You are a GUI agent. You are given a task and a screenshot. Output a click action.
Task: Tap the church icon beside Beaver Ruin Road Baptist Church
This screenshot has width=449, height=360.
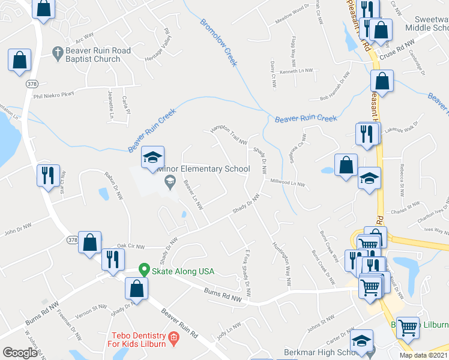tap(58, 51)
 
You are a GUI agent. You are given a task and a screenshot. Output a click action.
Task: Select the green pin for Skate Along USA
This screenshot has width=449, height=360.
tap(143, 271)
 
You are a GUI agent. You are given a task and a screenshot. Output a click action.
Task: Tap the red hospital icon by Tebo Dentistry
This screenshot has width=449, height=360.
tap(173, 338)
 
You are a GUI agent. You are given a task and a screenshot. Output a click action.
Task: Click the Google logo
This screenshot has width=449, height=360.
tap(19, 353)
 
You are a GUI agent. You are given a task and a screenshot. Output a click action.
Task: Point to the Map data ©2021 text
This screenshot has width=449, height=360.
tap(424, 355)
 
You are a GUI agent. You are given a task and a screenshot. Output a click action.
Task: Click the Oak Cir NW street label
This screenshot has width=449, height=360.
tap(131, 245)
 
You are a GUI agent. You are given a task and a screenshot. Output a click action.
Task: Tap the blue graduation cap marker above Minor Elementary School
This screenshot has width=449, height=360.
tap(152, 158)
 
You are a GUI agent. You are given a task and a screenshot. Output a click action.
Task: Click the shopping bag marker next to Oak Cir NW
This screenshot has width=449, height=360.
tap(89, 242)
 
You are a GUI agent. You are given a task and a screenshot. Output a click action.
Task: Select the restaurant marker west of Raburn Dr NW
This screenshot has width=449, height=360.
tap(46, 175)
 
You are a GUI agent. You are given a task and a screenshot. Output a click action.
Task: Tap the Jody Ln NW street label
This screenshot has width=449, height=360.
tap(229, 330)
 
